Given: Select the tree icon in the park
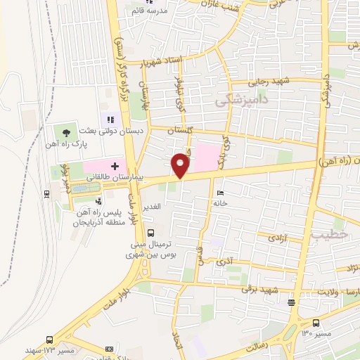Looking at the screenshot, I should click(x=67, y=131).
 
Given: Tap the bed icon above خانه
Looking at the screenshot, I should click(x=221, y=193).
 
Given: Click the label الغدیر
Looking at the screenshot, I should click(x=153, y=207).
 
